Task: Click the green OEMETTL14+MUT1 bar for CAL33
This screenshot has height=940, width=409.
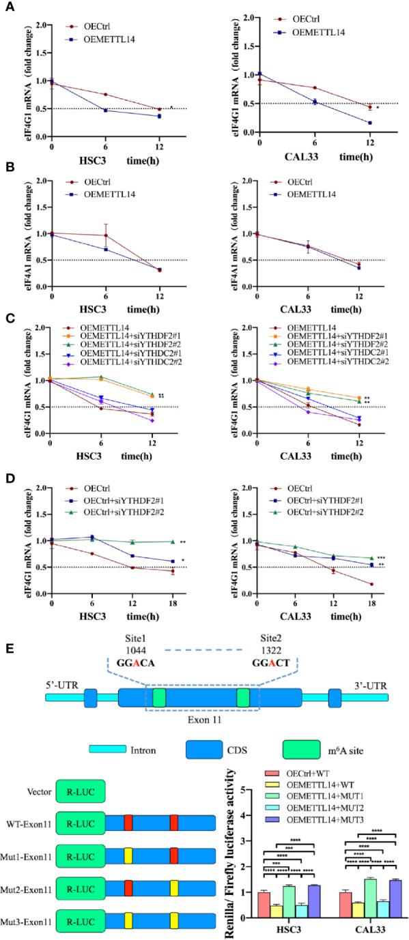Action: tap(371, 903)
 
